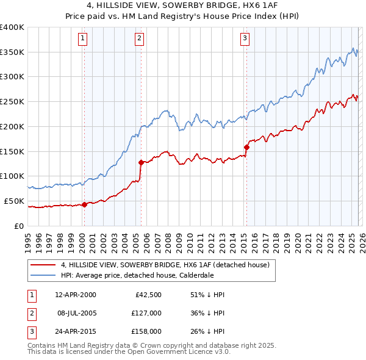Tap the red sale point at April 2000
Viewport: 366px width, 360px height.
click(x=85, y=204)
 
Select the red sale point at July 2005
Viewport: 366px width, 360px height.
click(x=141, y=162)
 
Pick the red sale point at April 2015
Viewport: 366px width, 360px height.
click(x=247, y=147)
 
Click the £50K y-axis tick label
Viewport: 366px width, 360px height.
click(x=14, y=201)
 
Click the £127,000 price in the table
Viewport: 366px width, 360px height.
click(x=146, y=312)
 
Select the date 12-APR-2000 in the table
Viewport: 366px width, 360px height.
click(x=75, y=295)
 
